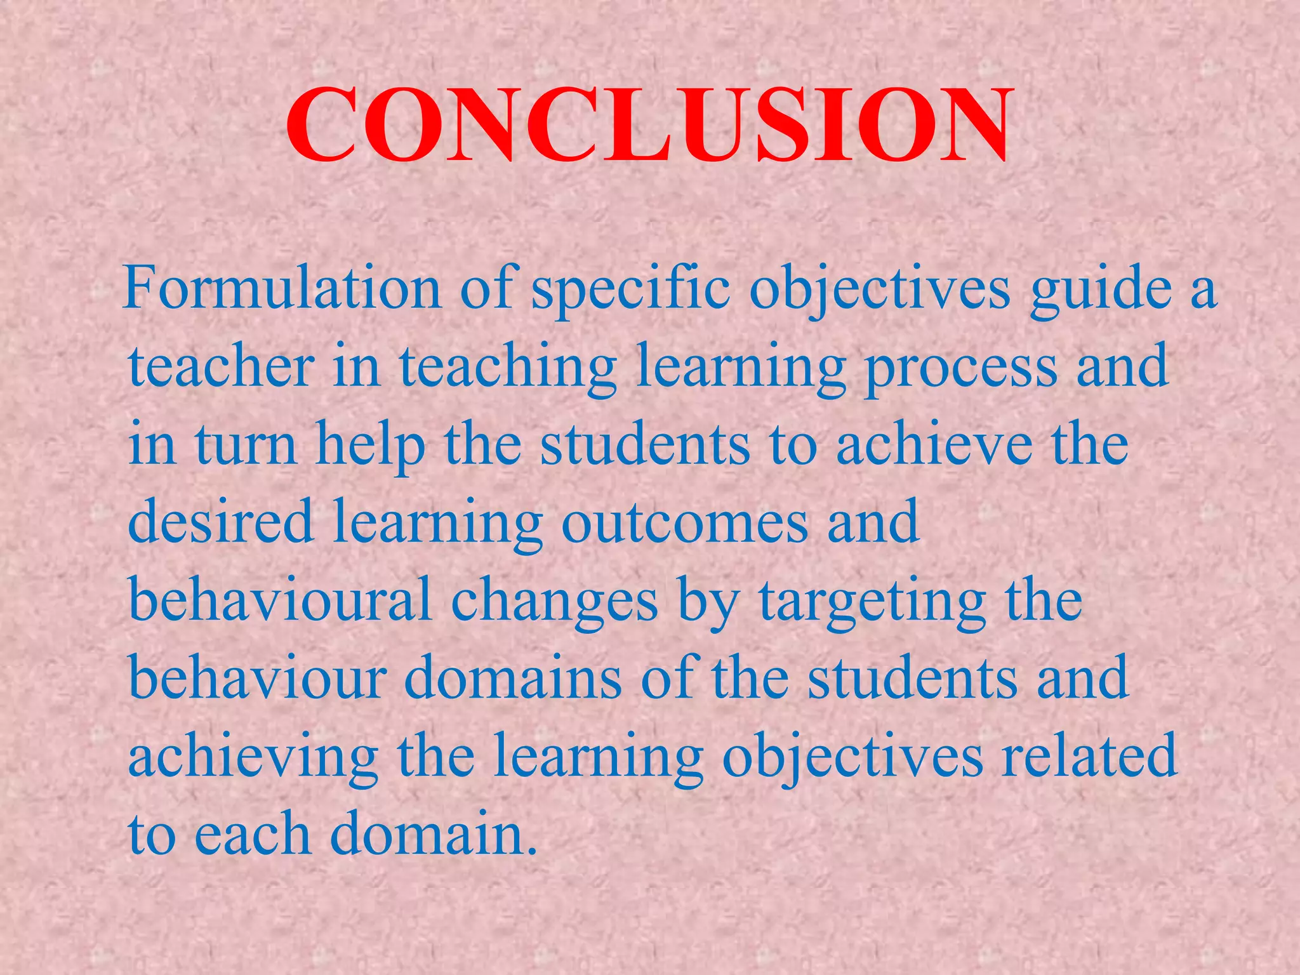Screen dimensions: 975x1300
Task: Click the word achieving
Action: click(x=253, y=756)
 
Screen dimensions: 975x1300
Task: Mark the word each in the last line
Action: click(x=251, y=834)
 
